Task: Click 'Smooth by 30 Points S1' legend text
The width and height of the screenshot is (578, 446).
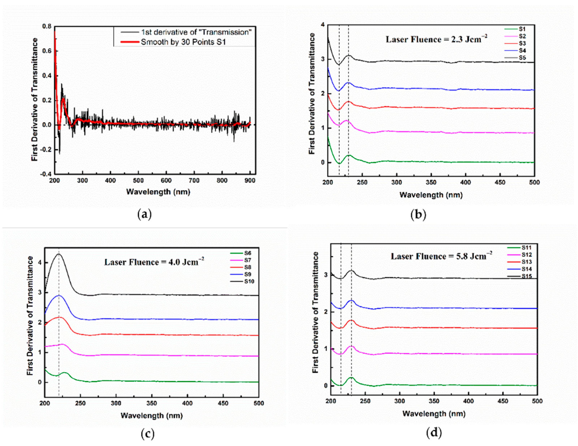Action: point(183,42)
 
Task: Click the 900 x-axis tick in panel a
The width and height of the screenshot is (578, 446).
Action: point(250,181)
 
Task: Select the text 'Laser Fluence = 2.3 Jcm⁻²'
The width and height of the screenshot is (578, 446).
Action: point(436,39)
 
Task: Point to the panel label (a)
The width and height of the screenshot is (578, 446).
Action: point(144,214)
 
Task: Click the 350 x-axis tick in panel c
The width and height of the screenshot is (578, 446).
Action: point(152,403)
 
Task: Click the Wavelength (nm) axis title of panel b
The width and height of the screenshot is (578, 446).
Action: point(431,195)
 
